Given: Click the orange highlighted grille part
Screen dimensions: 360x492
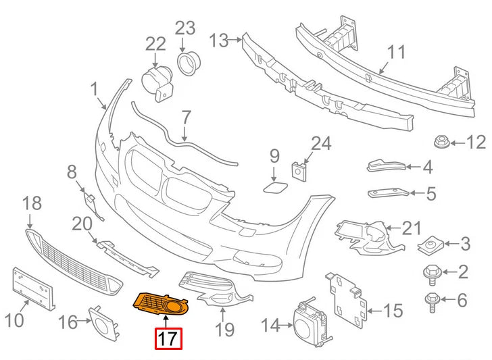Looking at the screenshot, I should [x=160, y=305].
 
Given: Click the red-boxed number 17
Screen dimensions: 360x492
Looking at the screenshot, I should [x=168, y=338].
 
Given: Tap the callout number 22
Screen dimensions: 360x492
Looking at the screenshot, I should [x=155, y=44].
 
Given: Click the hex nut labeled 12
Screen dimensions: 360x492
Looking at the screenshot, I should [x=440, y=143].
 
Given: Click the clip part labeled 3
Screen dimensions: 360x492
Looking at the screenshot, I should [x=430, y=242].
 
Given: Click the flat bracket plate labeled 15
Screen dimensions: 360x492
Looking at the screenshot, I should [x=349, y=297].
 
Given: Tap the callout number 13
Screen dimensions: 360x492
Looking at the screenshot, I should [x=220, y=41].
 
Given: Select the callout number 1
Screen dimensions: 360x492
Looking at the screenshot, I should [x=94, y=88].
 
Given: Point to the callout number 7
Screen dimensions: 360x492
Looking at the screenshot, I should [x=187, y=118].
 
